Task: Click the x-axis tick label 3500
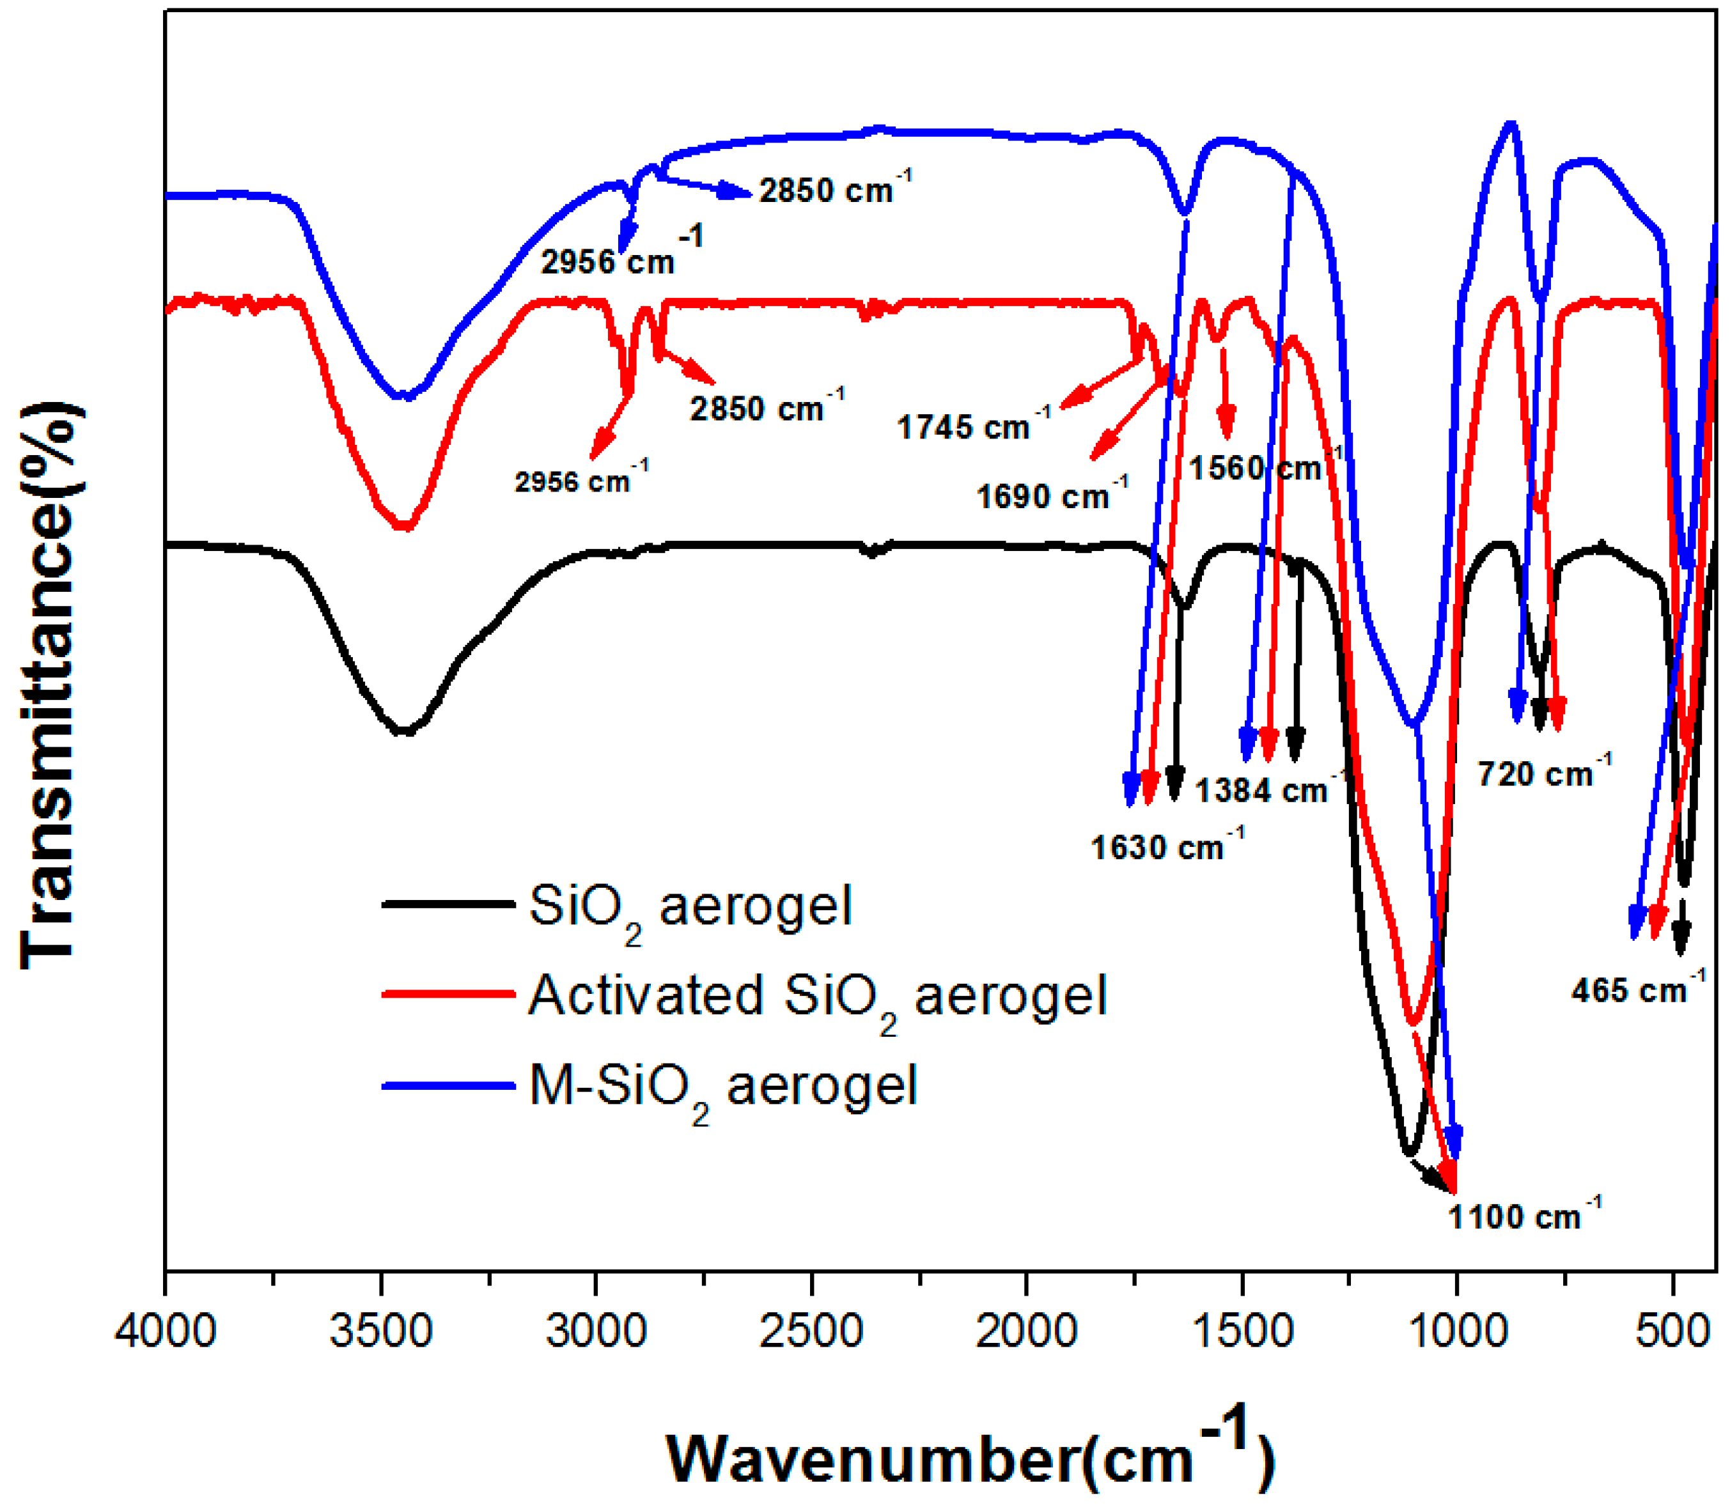381,1332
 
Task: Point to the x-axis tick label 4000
166,1332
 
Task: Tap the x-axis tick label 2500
811,1332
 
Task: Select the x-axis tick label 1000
1456,1332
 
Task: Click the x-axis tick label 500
1673,1332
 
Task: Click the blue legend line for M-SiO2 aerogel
448,1086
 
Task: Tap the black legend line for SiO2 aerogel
448,904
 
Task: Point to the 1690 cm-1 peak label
1052,495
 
